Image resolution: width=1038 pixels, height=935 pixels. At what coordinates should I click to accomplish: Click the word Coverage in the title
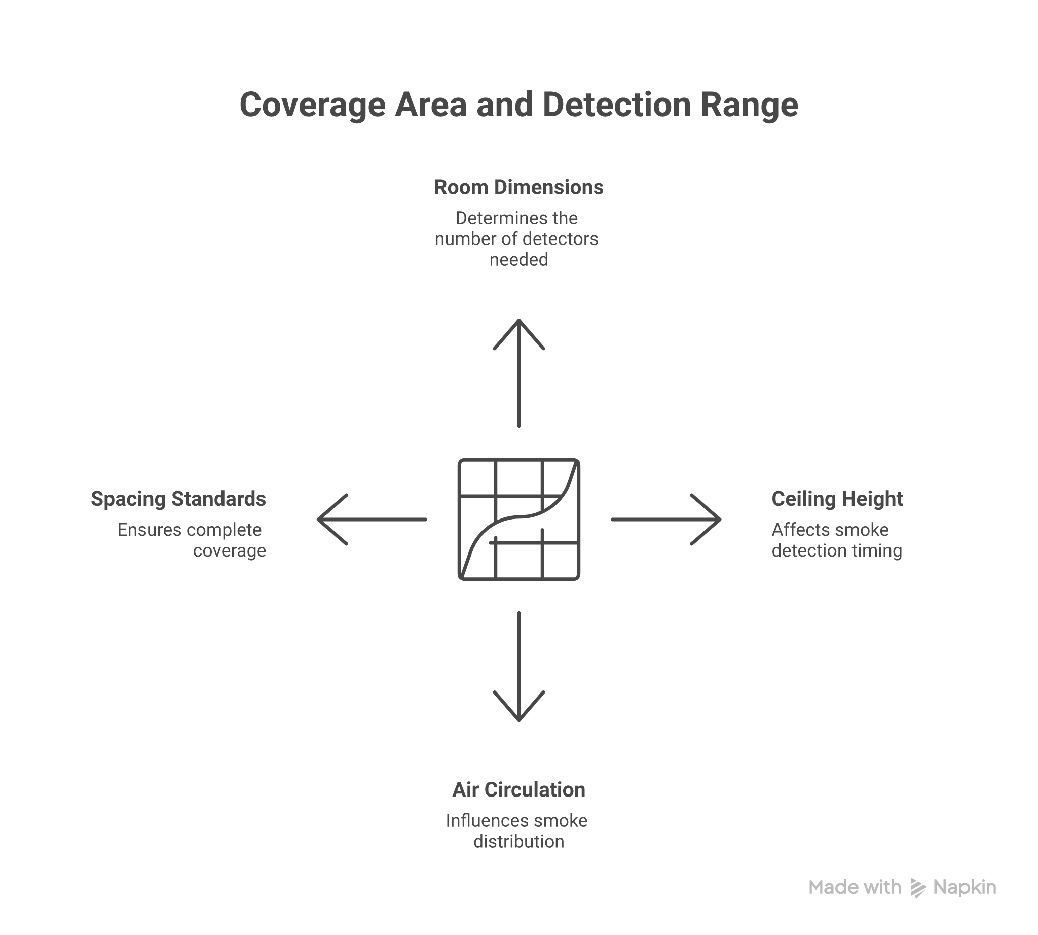[312, 105]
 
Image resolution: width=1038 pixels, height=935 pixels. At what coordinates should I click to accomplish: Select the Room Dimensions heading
[518, 188]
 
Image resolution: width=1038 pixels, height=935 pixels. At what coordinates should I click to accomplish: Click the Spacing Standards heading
[178, 499]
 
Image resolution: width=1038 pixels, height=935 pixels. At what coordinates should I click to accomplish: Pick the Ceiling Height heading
[837, 499]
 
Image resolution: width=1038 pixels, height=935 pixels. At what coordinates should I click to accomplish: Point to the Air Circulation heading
[518, 790]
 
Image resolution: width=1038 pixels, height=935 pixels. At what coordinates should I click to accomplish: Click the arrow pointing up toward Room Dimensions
[519, 372]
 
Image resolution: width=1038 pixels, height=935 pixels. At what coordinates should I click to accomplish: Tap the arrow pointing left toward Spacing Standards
[372, 520]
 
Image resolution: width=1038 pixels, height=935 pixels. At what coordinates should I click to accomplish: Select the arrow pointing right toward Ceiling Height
[666, 520]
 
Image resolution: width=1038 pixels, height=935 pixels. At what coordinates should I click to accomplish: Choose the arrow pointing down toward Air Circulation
[519, 667]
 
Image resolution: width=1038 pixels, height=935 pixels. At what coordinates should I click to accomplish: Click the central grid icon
[519, 520]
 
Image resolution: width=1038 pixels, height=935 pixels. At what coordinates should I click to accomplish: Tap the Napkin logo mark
[918, 888]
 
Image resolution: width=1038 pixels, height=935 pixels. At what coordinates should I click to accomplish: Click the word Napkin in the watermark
[965, 888]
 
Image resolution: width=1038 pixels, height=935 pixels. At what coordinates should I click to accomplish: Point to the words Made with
[855, 887]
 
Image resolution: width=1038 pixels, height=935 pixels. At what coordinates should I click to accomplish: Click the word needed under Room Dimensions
[518, 259]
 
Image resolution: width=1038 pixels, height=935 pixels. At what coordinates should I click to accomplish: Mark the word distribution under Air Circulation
[518, 842]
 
